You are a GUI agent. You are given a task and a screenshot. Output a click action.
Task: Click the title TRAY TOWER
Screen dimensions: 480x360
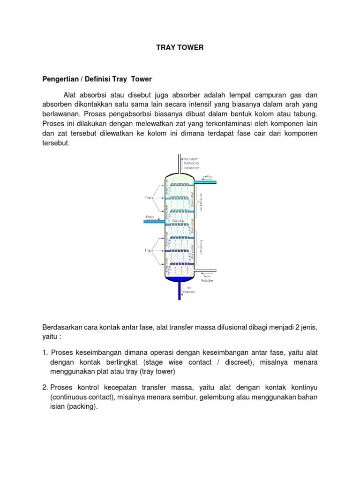[x=180, y=48]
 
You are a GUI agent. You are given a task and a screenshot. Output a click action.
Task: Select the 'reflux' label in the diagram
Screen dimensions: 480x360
[x=207, y=177]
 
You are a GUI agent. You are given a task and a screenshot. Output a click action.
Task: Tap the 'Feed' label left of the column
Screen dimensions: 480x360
[x=150, y=217]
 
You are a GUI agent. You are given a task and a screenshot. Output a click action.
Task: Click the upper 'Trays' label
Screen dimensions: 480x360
[x=150, y=197]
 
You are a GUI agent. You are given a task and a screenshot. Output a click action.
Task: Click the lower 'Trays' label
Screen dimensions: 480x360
[x=150, y=251]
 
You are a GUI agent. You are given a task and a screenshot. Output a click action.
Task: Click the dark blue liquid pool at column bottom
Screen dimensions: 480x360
[x=180, y=279]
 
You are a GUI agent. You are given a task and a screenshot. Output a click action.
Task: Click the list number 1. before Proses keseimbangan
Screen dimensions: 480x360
[x=45, y=352]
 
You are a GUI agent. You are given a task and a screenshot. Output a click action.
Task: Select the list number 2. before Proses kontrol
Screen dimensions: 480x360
[x=45, y=388]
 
